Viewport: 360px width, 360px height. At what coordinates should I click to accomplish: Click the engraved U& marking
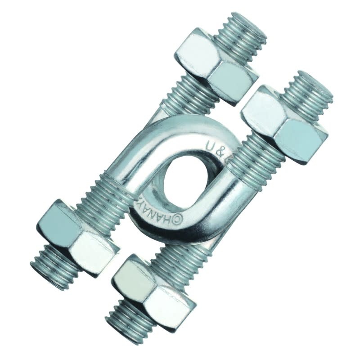pyautogui.click(x=216, y=148)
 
